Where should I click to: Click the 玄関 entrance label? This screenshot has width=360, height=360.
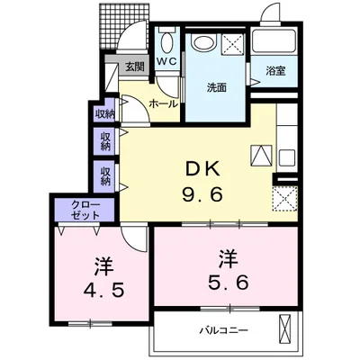[134, 66]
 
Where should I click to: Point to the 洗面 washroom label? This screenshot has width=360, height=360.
[216, 87]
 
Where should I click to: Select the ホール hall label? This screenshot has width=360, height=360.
[163, 103]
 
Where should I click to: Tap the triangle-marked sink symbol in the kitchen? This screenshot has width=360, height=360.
[261, 154]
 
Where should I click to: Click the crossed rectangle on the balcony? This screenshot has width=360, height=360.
[287, 329]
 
